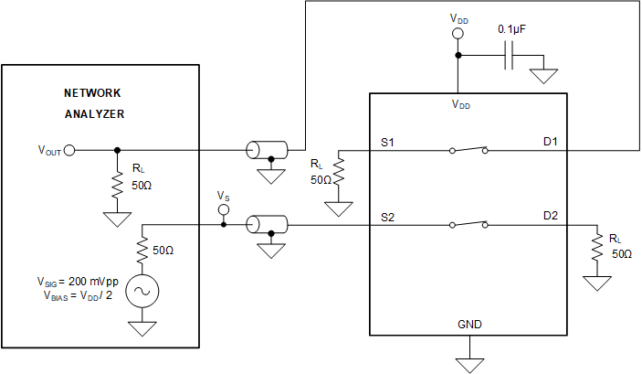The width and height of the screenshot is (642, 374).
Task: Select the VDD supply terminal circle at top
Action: pyautogui.click(x=458, y=34)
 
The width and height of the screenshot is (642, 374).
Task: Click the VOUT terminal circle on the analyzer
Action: pyautogui.click(x=69, y=150)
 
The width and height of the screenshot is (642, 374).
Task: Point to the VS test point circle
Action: pyautogui.click(x=223, y=209)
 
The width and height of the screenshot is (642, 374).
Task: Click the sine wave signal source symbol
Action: pyautogui.click(x=142, y=291)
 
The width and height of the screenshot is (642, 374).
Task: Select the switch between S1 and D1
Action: pyautogui.click(x=468, y=150)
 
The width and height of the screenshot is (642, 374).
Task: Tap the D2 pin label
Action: pyautogui.click(x=551, y=216)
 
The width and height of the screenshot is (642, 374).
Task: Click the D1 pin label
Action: pyautogui.click(x=551, y=143)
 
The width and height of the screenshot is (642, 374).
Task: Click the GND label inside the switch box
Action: pyautogui.click(x=469, y=325)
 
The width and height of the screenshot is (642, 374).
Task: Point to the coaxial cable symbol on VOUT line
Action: pyautogui.click(x=267, y=150)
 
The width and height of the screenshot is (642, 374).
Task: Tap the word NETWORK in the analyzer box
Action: pyautogui.click(x=91, y=93)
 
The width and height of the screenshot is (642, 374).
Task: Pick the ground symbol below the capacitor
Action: pyautogui.click(x=545, y=77)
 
